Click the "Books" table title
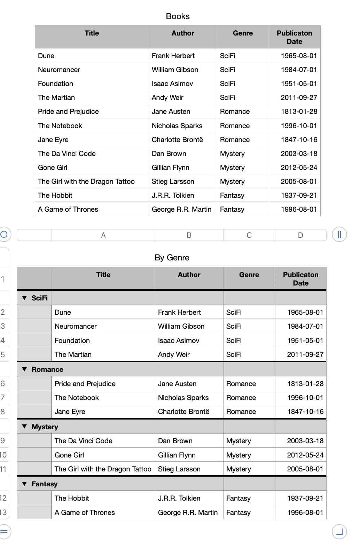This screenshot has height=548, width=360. coord(178,16)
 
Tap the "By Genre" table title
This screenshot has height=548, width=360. coord(172,258)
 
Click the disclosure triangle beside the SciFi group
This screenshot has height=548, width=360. coord(24,298)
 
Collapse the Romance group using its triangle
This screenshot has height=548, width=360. coord(24,369)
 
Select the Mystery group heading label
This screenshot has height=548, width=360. coord(45,427)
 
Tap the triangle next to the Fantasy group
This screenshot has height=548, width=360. coord(24,484)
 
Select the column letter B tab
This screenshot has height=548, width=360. coord(189,235)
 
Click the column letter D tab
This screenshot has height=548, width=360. coord(300,235)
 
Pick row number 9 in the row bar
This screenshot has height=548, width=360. coord(3,441)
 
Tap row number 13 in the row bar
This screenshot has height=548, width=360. coord(3,512)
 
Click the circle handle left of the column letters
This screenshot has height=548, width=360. coord(4,234)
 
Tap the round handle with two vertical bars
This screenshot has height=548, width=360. coord(339,234)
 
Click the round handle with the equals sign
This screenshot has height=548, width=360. coord(4,532)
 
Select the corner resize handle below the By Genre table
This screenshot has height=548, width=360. coord(339,532)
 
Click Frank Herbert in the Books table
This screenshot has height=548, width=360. coord(173,56)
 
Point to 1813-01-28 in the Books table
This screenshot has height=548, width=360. coord(299,111)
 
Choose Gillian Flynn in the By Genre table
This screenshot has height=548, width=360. coord(177,455)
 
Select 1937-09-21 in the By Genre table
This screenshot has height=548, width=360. coord(305,498)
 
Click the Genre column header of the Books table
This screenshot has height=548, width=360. coord(243,33)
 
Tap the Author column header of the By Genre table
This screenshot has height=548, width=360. coord(189,275)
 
